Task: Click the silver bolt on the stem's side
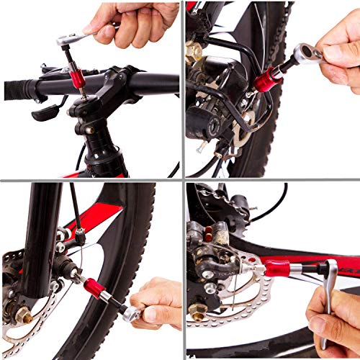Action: [x=89, y=130]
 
